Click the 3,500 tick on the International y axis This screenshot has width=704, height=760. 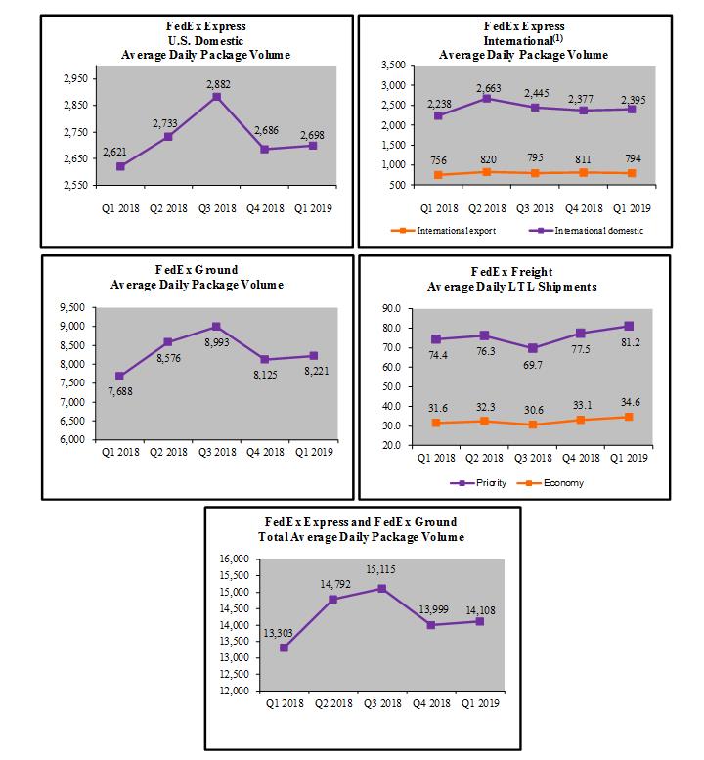pyautogui.click(x=390, y=66)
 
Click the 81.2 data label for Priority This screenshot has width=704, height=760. pyautogui.click(x=629, y=341)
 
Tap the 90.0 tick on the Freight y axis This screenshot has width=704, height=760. pyautogui.click(x=393, y=308)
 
